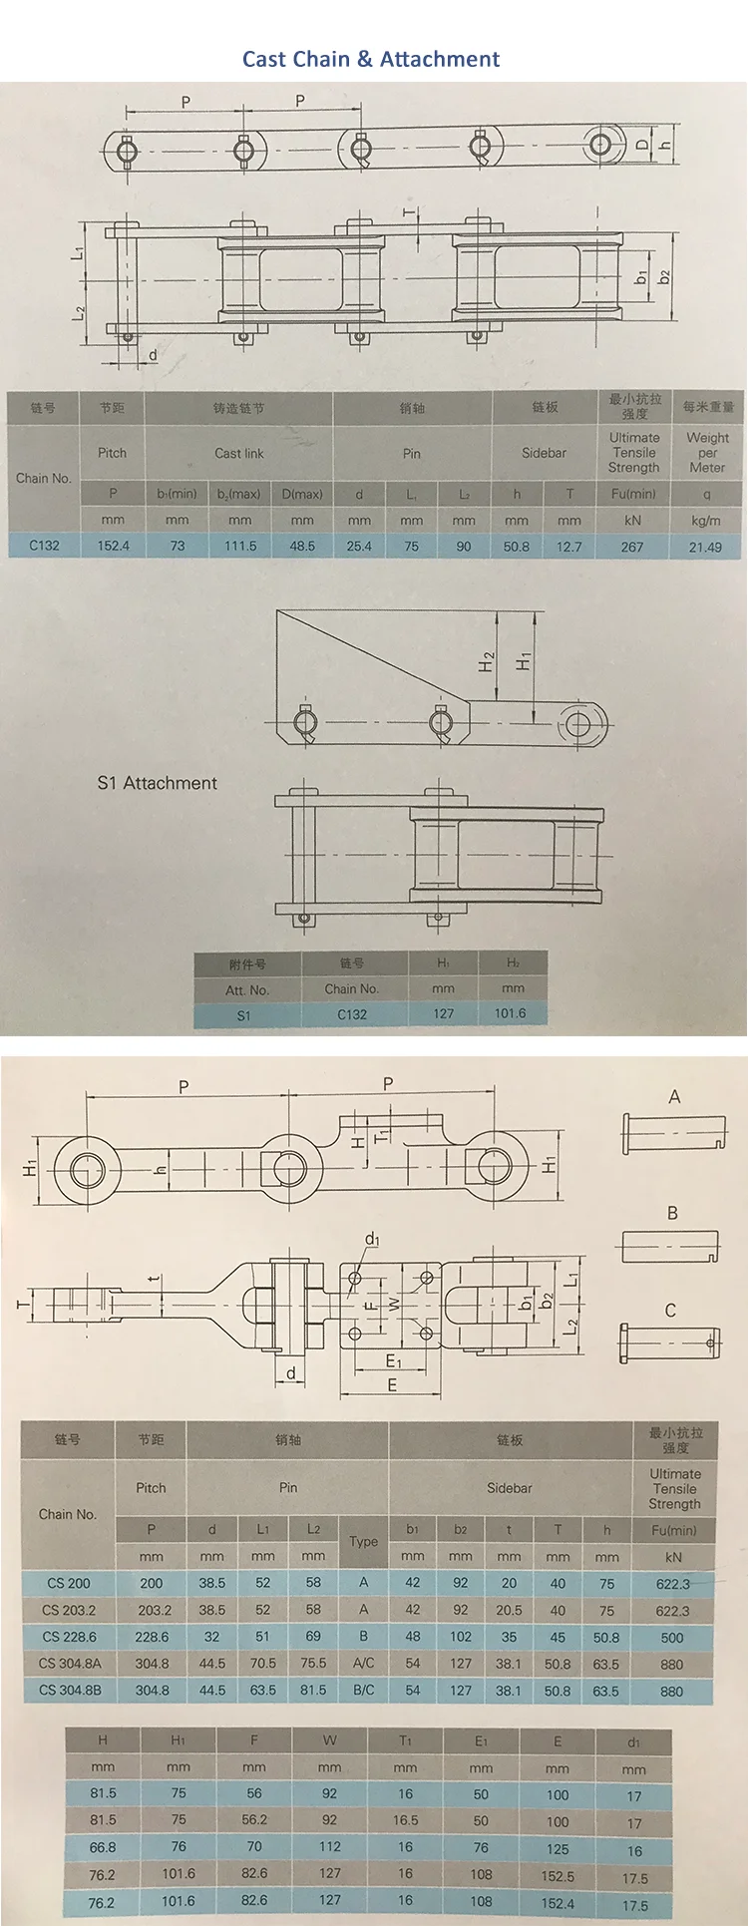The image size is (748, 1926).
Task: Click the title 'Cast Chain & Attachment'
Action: click(x=371, y=59)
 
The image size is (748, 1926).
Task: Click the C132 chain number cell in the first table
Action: click(x=44, y=546)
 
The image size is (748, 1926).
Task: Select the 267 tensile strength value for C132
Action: click(x=632, y=547)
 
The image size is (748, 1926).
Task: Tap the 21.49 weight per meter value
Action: click(x=705, y=547)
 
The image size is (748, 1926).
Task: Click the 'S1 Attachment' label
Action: click(x=157, y=783)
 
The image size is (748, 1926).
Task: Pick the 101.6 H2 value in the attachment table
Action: click(x=510, y=1013)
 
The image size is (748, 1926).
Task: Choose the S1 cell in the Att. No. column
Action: click(x=244, y=1015)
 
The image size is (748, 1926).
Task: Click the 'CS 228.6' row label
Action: click(x=69, y=1637)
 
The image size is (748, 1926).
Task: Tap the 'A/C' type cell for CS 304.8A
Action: click(x=363, y=1664)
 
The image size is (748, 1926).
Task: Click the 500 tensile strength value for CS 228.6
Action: click(x=672, y=1638)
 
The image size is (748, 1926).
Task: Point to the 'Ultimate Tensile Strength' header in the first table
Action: click(x=634, y=452)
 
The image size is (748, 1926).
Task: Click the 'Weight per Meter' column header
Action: click(x=707, y=452)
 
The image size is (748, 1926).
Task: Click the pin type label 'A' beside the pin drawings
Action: click(x=674, y=1097)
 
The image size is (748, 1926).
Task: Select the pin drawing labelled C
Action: click(x=669, y=1342)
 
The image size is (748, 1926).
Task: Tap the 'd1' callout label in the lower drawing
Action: click(x=372, y=1239)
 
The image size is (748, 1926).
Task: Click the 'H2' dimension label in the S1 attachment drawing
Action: click(x=486, y=661)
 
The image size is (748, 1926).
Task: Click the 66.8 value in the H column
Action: click(x=103, y=1847)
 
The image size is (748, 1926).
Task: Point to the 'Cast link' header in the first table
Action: click(x=239, y=453)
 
